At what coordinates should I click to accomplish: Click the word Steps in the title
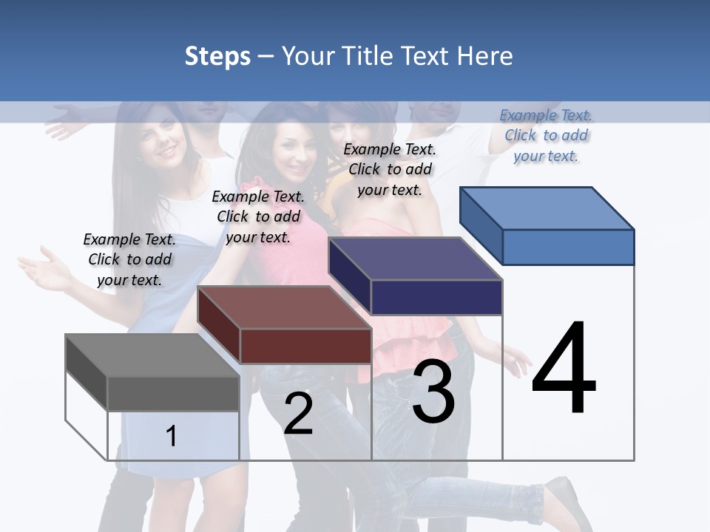217,56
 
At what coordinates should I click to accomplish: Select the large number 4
564,369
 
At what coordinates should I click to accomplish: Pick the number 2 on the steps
298,414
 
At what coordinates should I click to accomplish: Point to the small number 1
172,436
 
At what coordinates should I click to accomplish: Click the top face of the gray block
152,355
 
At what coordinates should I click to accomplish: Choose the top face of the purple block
415,259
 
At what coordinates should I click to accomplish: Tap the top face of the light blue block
547,208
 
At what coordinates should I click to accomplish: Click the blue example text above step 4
546,135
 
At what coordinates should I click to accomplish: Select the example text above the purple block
390,169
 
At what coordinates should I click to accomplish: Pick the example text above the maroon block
258,216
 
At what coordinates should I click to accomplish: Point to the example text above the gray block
129,259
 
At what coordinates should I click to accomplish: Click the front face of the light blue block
568,247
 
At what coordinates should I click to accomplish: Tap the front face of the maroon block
305,346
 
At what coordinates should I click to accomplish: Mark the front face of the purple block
436,297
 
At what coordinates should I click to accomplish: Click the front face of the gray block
173,393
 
